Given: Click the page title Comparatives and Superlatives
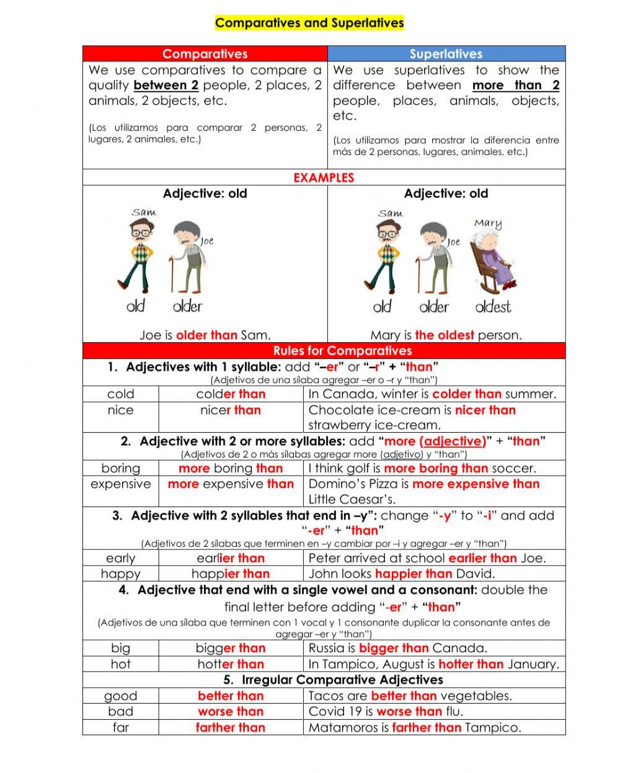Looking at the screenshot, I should pos(309,24).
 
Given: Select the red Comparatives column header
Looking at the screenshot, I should pos(205,54).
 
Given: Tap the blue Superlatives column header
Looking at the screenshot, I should pos(446,54).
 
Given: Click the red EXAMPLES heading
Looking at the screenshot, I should pos(324,178).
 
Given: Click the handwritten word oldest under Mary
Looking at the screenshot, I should pos(493,306).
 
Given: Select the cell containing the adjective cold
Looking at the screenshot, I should pos(120,394).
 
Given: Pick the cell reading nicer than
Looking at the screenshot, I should pos(231,410).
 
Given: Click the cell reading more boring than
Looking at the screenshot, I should pos(231,469).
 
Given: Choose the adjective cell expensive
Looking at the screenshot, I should pos(120,484).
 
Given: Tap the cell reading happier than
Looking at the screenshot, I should pos(231,574).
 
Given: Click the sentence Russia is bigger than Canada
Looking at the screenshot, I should pos(398,648).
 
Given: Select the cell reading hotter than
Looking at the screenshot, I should pos(231,665).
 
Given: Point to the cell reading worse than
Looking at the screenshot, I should pos(231,712).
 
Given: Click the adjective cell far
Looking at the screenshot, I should pos(120,728).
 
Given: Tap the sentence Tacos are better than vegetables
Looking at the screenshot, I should pos(410,696).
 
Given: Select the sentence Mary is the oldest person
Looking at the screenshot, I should pos(446,335).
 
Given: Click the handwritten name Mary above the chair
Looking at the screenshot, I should pos(488,224).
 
